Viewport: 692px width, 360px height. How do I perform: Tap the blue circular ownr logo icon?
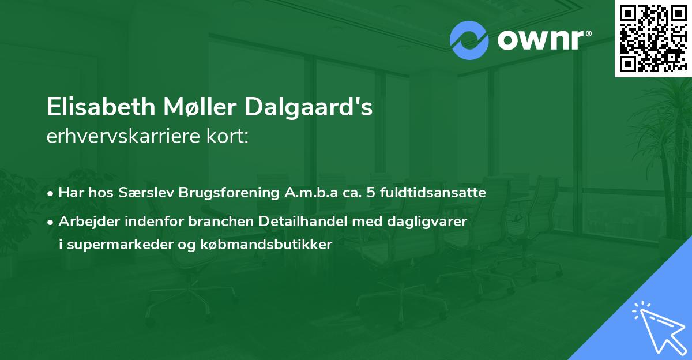click(469, 40)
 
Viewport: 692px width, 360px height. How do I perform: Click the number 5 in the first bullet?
click(370, 193)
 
